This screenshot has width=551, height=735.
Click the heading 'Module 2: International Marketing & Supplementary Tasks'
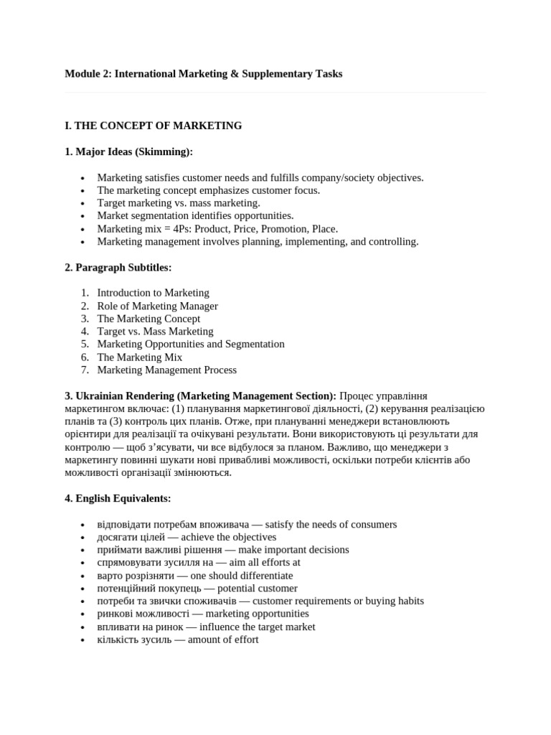(x=203, y=74)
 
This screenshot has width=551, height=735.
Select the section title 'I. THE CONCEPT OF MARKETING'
(x=153, y=126)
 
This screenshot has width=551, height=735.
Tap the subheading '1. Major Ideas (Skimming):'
(x=128, y=151)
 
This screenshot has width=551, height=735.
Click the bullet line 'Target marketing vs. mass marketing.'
(x=179, y=203)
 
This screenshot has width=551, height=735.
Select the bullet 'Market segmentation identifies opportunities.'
(x=195, y=216)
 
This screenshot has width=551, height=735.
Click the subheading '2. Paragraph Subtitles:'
(x=118, y=268)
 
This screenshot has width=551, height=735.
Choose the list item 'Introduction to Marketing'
(x=153, y=293)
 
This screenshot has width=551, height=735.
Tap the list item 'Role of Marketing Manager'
(x=157, y=306)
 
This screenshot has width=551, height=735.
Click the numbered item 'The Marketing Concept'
(x=149, y=319)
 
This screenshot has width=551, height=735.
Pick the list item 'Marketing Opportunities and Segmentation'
(x=191, y=345)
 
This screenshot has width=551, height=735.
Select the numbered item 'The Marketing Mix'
(x=140, y=357)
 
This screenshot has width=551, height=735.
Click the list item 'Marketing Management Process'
(x=166, y=370)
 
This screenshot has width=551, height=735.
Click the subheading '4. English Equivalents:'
(x=118, y=498)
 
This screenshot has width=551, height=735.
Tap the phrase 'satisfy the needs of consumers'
(x=331, y=525)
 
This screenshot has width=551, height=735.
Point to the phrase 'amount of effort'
(x=223, y=640)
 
